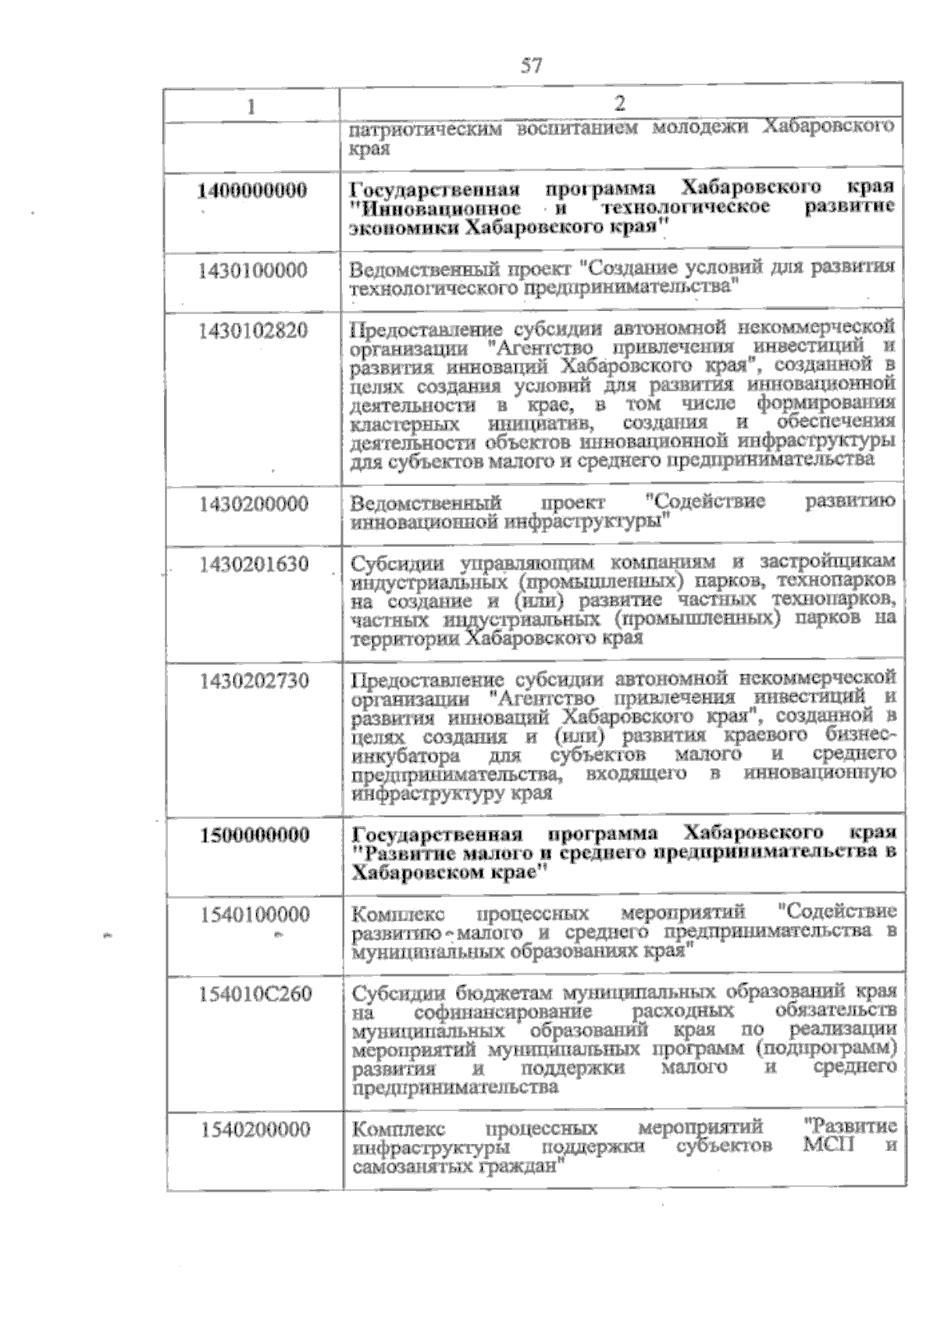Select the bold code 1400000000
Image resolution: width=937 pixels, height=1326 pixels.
coord(252,190)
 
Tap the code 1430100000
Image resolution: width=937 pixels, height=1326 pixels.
coord(253,270)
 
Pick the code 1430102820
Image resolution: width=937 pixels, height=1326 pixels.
coord(253,330)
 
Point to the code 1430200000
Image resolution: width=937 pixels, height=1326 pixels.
coord(253,503)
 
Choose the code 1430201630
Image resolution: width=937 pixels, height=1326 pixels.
coord(253,563)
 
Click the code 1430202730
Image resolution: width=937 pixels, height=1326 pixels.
coord(253,681)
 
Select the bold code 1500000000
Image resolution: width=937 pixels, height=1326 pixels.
coord(253,835)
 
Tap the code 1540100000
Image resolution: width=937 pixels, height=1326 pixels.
coord(254,913)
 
